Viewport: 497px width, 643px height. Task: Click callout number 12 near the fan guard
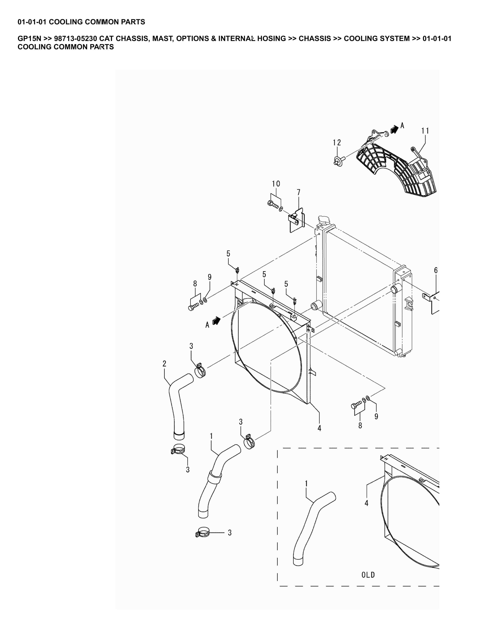click(x=337, y=142)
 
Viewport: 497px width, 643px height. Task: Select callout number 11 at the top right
click(x=425, y=131)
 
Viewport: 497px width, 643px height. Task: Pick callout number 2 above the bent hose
click(x=164, y=363)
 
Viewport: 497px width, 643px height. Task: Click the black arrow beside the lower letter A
click(x=216, y=320)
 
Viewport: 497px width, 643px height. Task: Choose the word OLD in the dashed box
click(x=368, y=575)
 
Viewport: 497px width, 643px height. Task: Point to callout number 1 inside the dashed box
click(x=306, y=484)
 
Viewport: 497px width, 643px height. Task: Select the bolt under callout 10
click(x=273, y=204)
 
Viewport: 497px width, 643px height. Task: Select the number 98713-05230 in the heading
click(x=75, y=39)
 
